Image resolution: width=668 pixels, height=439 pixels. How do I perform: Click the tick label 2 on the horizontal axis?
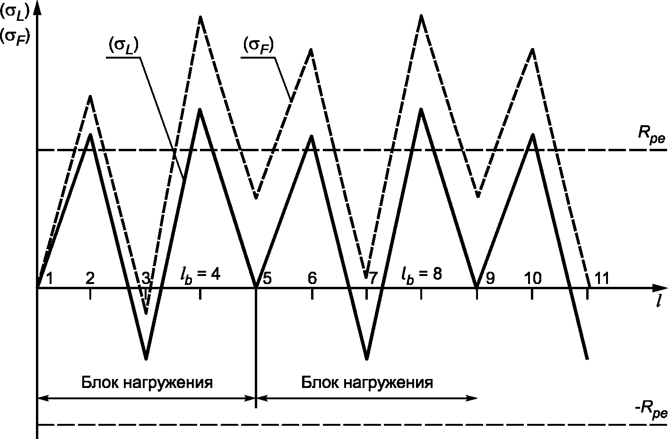pyautogui.click(x=90, y=278)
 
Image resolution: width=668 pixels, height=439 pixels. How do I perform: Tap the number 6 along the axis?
pyautogui.click(x=312, y=278)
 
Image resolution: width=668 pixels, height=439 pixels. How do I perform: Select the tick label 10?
pyautogui.click(x=533, y=278)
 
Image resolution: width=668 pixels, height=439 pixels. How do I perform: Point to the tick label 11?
pyautogui.click(x=601, y=278)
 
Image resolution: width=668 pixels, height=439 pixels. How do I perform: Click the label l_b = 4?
pyautogui.click(x=200, y=274)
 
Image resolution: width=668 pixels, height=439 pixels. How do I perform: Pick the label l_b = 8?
pyautogui.click(x=422, y=274)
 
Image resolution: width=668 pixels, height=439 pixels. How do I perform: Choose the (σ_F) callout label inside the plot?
pyautogui.click(x=259, y=46)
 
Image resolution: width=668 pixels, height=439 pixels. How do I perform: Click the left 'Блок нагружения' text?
pyautogui.click(x=147, y=382)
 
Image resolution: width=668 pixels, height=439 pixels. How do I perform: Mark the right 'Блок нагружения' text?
pyautogui.click(x=367, y=382)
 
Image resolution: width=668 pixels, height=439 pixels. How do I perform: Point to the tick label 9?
pyautogui.click(x=489, y=278)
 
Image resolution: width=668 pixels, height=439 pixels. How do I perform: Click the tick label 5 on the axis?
pyautogui.click(x=267, y=278)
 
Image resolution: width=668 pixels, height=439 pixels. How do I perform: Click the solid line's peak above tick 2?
pyautogui.click(x=90, y=134)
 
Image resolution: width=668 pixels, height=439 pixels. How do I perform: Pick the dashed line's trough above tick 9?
pyautogui.click(x=478, y=196)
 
